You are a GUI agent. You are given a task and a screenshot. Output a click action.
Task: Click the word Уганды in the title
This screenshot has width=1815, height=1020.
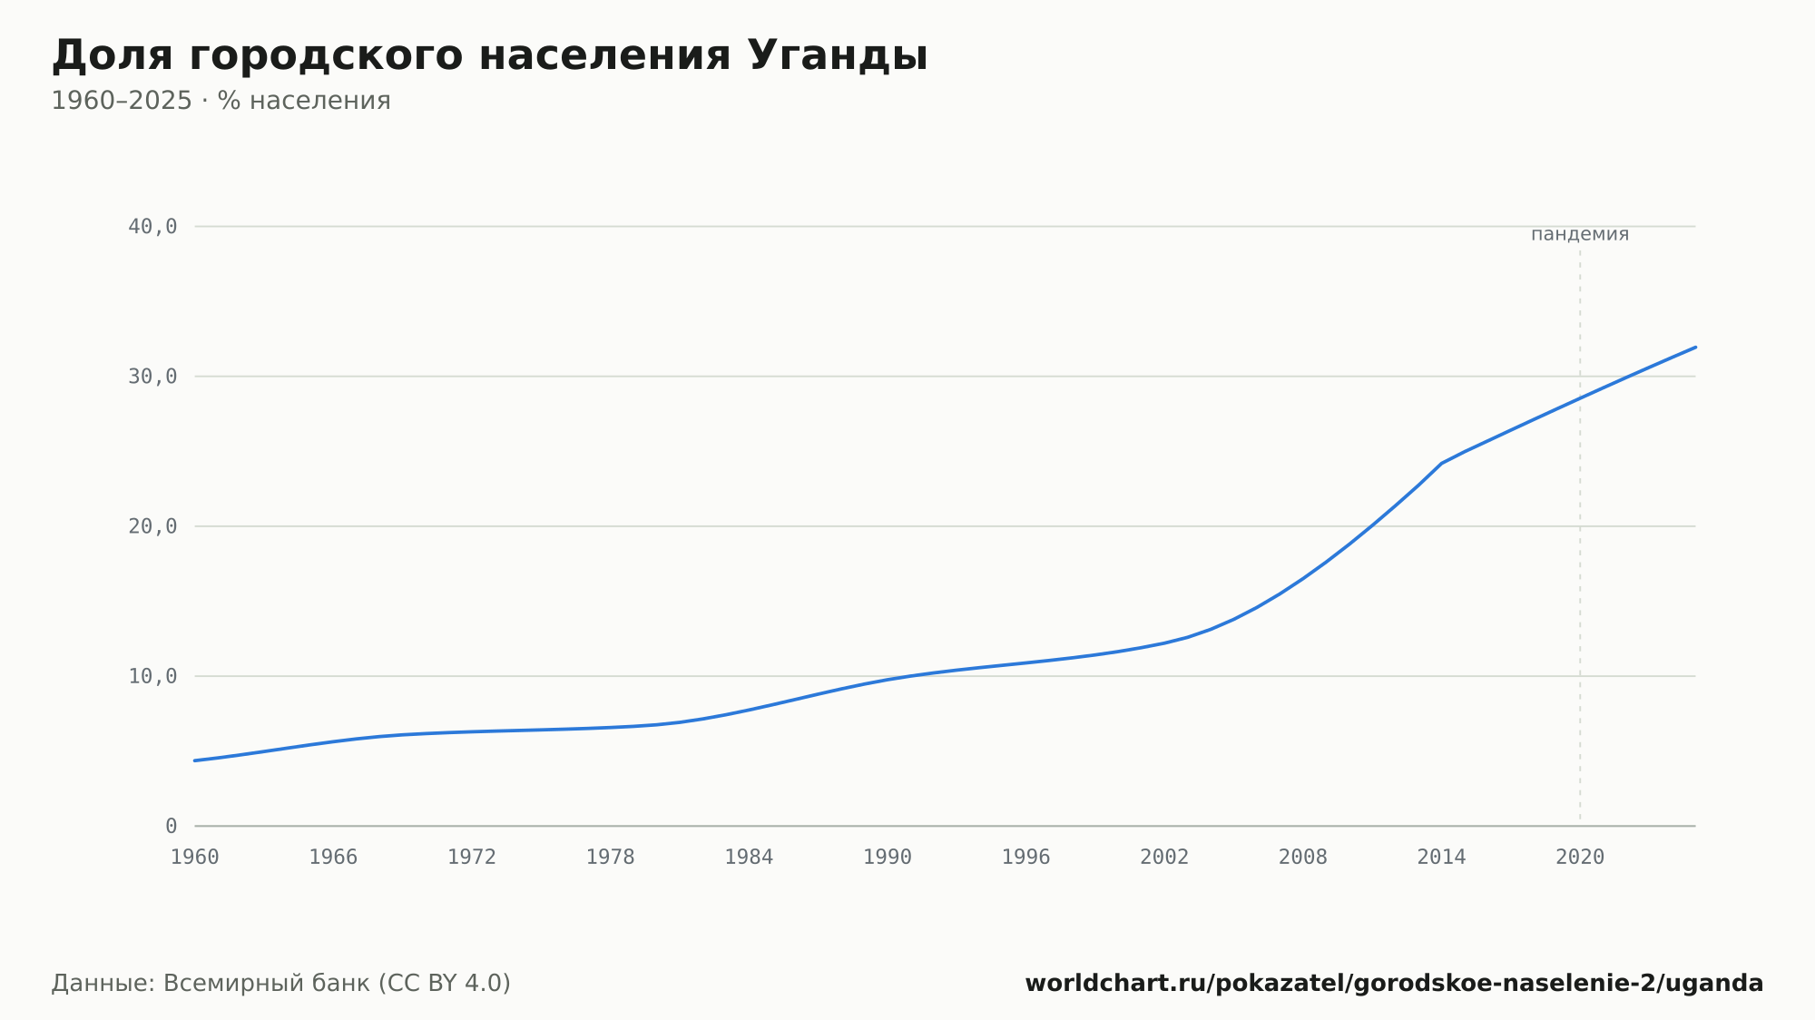coord(838,56)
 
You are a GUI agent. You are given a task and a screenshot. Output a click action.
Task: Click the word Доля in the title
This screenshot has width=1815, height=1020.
coord(112,56)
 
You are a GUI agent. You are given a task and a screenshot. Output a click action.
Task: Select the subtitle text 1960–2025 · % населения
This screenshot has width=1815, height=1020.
coord(221,101)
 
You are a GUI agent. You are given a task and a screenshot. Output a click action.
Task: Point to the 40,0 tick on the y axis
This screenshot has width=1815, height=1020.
coord(152,227)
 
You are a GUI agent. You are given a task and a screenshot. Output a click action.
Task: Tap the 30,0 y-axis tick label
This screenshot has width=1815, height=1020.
coord(152,377)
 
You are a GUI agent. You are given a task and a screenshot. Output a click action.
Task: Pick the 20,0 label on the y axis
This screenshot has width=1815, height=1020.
coord(152,526)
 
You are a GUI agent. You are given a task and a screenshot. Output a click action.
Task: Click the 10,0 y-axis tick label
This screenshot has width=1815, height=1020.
coord(152,676)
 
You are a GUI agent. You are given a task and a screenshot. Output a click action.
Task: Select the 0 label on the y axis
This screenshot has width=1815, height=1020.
coord(172,826)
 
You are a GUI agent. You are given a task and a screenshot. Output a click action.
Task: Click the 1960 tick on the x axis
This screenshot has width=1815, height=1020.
coord(195,858)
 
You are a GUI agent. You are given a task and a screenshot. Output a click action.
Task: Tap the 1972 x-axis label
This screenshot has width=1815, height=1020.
coord(472,858)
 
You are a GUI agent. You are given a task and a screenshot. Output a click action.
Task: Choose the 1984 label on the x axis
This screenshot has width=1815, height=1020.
coord(749,858)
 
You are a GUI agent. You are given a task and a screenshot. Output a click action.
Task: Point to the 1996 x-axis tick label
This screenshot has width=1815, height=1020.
coord(1025,858)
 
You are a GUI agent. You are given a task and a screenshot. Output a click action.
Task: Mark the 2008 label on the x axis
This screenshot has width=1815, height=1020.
coord(1303,858)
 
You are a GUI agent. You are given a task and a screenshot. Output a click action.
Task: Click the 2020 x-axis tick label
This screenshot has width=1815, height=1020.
coord(1580,858)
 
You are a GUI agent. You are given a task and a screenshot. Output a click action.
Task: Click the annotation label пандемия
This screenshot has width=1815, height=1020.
coord(1580,234)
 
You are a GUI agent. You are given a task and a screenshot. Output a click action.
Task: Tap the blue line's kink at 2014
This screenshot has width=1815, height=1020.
coord(1441,463)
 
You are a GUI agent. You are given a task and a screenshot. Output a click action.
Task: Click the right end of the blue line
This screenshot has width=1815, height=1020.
coord(1695,347)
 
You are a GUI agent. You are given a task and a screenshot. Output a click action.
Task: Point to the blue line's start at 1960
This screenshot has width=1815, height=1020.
coord(195,760)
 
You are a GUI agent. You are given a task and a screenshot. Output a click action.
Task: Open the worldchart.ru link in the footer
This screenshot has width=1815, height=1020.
coord(1394,984)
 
